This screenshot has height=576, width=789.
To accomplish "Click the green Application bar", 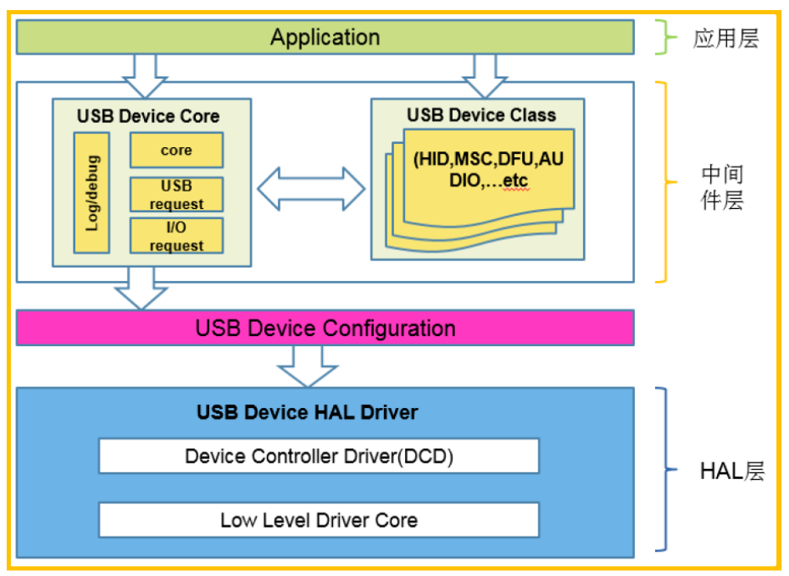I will [325, 38].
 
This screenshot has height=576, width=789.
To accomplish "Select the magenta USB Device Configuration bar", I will [325, 328].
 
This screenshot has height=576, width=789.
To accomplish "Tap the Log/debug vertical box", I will [92, 192].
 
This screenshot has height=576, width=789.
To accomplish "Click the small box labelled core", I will [176, 150].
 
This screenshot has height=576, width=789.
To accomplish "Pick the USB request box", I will [176, 194].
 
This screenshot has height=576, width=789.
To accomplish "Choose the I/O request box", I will [176, 236].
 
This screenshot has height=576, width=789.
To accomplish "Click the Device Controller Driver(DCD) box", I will [319, 456].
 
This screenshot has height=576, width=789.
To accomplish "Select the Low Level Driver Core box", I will [319, 520].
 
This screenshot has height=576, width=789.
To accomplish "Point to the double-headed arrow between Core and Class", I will [310, 189].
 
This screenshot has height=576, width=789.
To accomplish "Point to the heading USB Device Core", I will [148, 116].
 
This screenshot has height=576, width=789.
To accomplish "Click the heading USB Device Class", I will [481, 115].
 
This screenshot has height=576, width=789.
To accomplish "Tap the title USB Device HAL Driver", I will [307, 412].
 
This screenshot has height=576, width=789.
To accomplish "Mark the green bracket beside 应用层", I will [668, 38].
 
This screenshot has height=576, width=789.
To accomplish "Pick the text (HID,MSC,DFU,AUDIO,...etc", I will [488, 169].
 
